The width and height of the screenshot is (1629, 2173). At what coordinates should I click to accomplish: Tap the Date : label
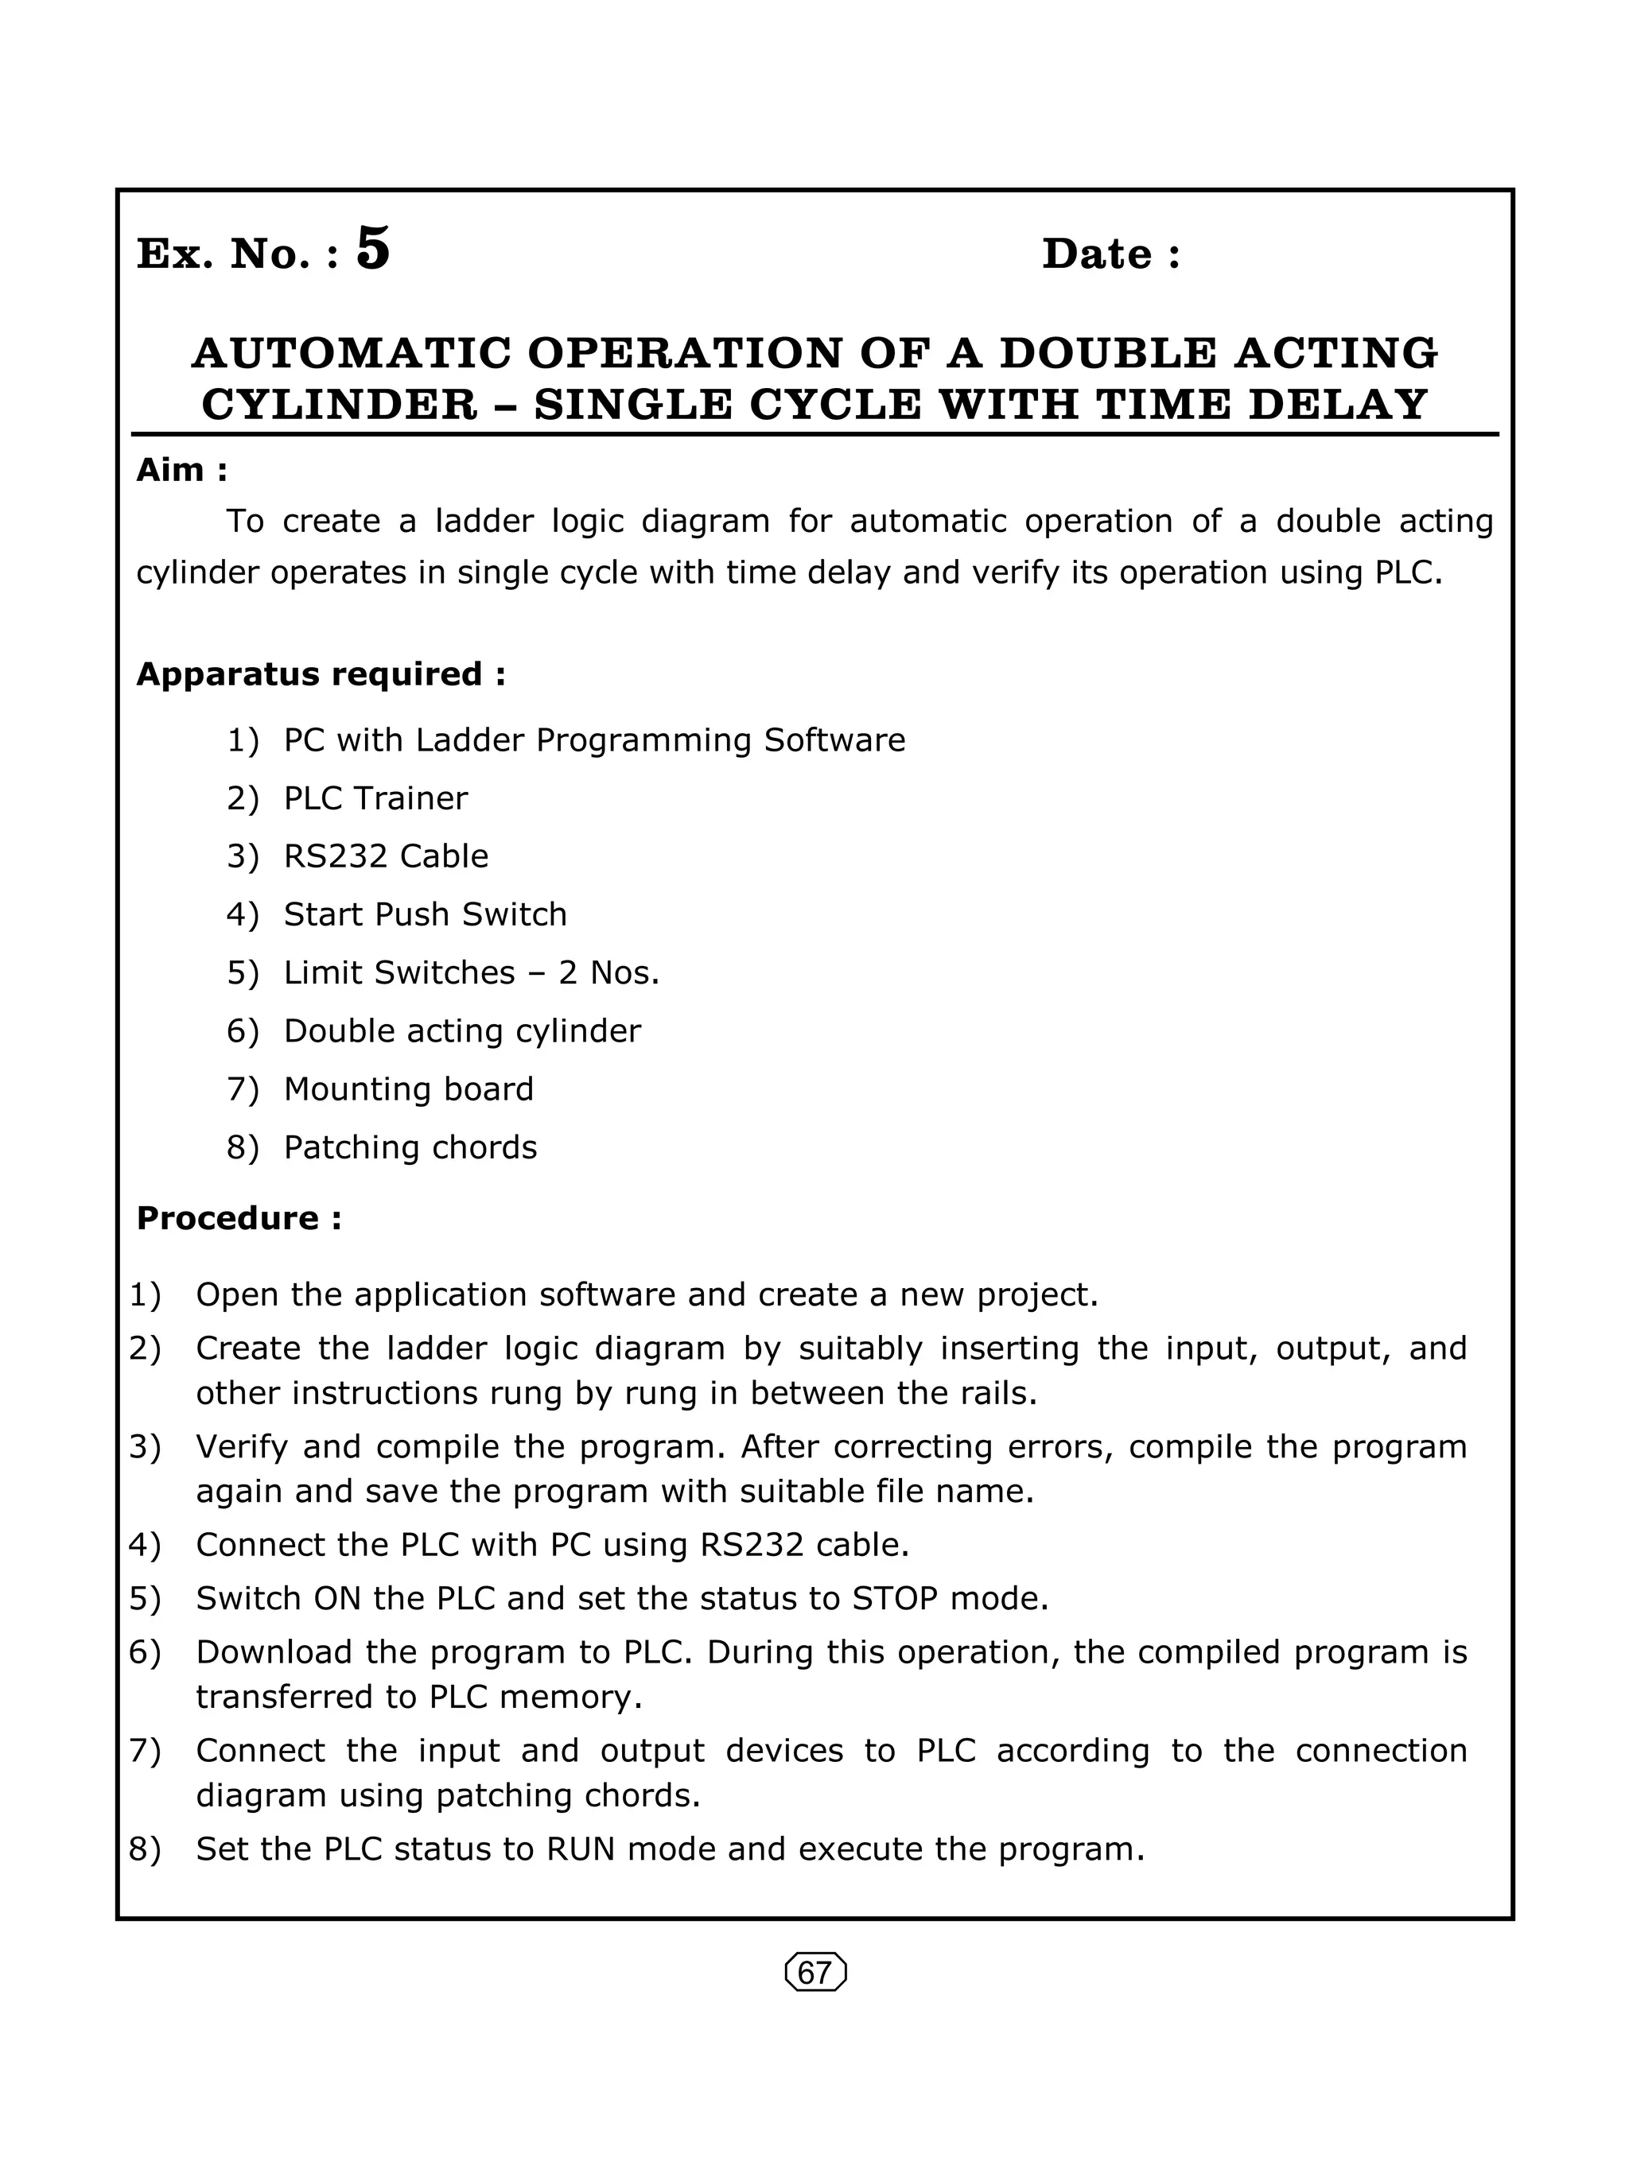click(x=1110, y=254)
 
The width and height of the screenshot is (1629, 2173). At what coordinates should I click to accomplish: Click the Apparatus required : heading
click(x=321, y=675)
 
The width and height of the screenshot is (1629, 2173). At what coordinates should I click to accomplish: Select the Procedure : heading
click(x=239, y=1218)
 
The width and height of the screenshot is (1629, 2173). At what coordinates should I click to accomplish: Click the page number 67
click(x=814, y=1973)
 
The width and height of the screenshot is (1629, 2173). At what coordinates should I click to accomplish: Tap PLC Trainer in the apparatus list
click(x=375, y=798)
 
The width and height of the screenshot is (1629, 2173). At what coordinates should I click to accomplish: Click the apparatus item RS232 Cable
click(x=385, y=856)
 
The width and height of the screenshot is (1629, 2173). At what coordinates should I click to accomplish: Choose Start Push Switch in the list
click(x=425, y=914)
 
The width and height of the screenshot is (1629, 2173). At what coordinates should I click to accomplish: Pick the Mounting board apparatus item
click(x=408, y=1089)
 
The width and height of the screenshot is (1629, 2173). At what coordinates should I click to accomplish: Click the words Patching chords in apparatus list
click(x=410, y=1147)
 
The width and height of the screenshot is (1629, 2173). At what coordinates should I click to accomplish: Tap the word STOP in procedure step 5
click(x=894, y=1599)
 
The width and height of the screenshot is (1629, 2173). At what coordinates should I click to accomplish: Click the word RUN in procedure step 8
click(x=580, y=1850)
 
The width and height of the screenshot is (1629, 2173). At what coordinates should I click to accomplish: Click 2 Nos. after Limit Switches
click(x=608, y=972)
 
